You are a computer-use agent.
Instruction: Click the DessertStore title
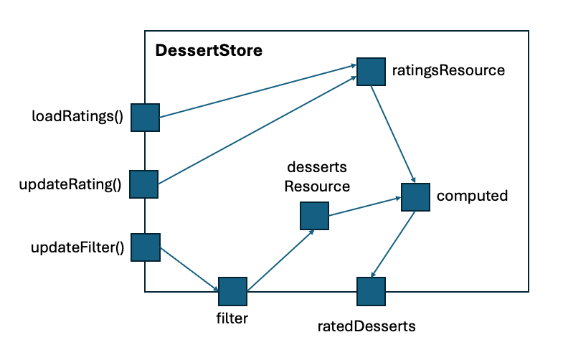coord(209,52)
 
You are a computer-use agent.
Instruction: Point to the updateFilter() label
coord(77,248)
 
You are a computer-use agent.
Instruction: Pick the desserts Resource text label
coord(317,176)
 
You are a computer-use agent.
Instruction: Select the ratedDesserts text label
coord(366,326)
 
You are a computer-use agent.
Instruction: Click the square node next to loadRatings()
coord(144,117)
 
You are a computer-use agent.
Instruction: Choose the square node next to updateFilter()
coord(144,247)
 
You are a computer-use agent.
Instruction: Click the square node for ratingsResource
coord(371,71)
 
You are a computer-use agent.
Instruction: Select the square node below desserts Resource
coord(314,215)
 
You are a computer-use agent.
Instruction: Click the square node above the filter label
coord(232,291)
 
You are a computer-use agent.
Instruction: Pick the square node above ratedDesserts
coord(371,291)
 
